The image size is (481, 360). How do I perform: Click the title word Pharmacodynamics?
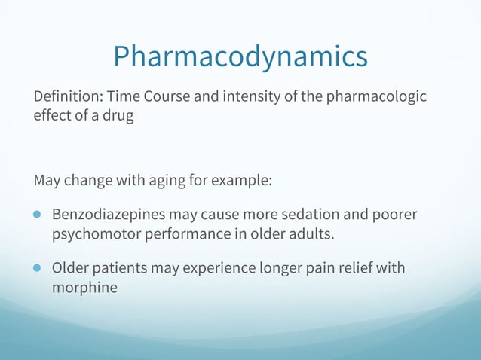point(240,56)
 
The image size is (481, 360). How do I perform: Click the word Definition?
point(67,97)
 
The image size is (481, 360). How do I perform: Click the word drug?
point(118,118)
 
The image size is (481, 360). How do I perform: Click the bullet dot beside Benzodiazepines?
point(38,215)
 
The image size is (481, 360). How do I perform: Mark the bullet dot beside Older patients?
point(38,267)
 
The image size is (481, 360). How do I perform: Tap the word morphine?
point(84,287)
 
